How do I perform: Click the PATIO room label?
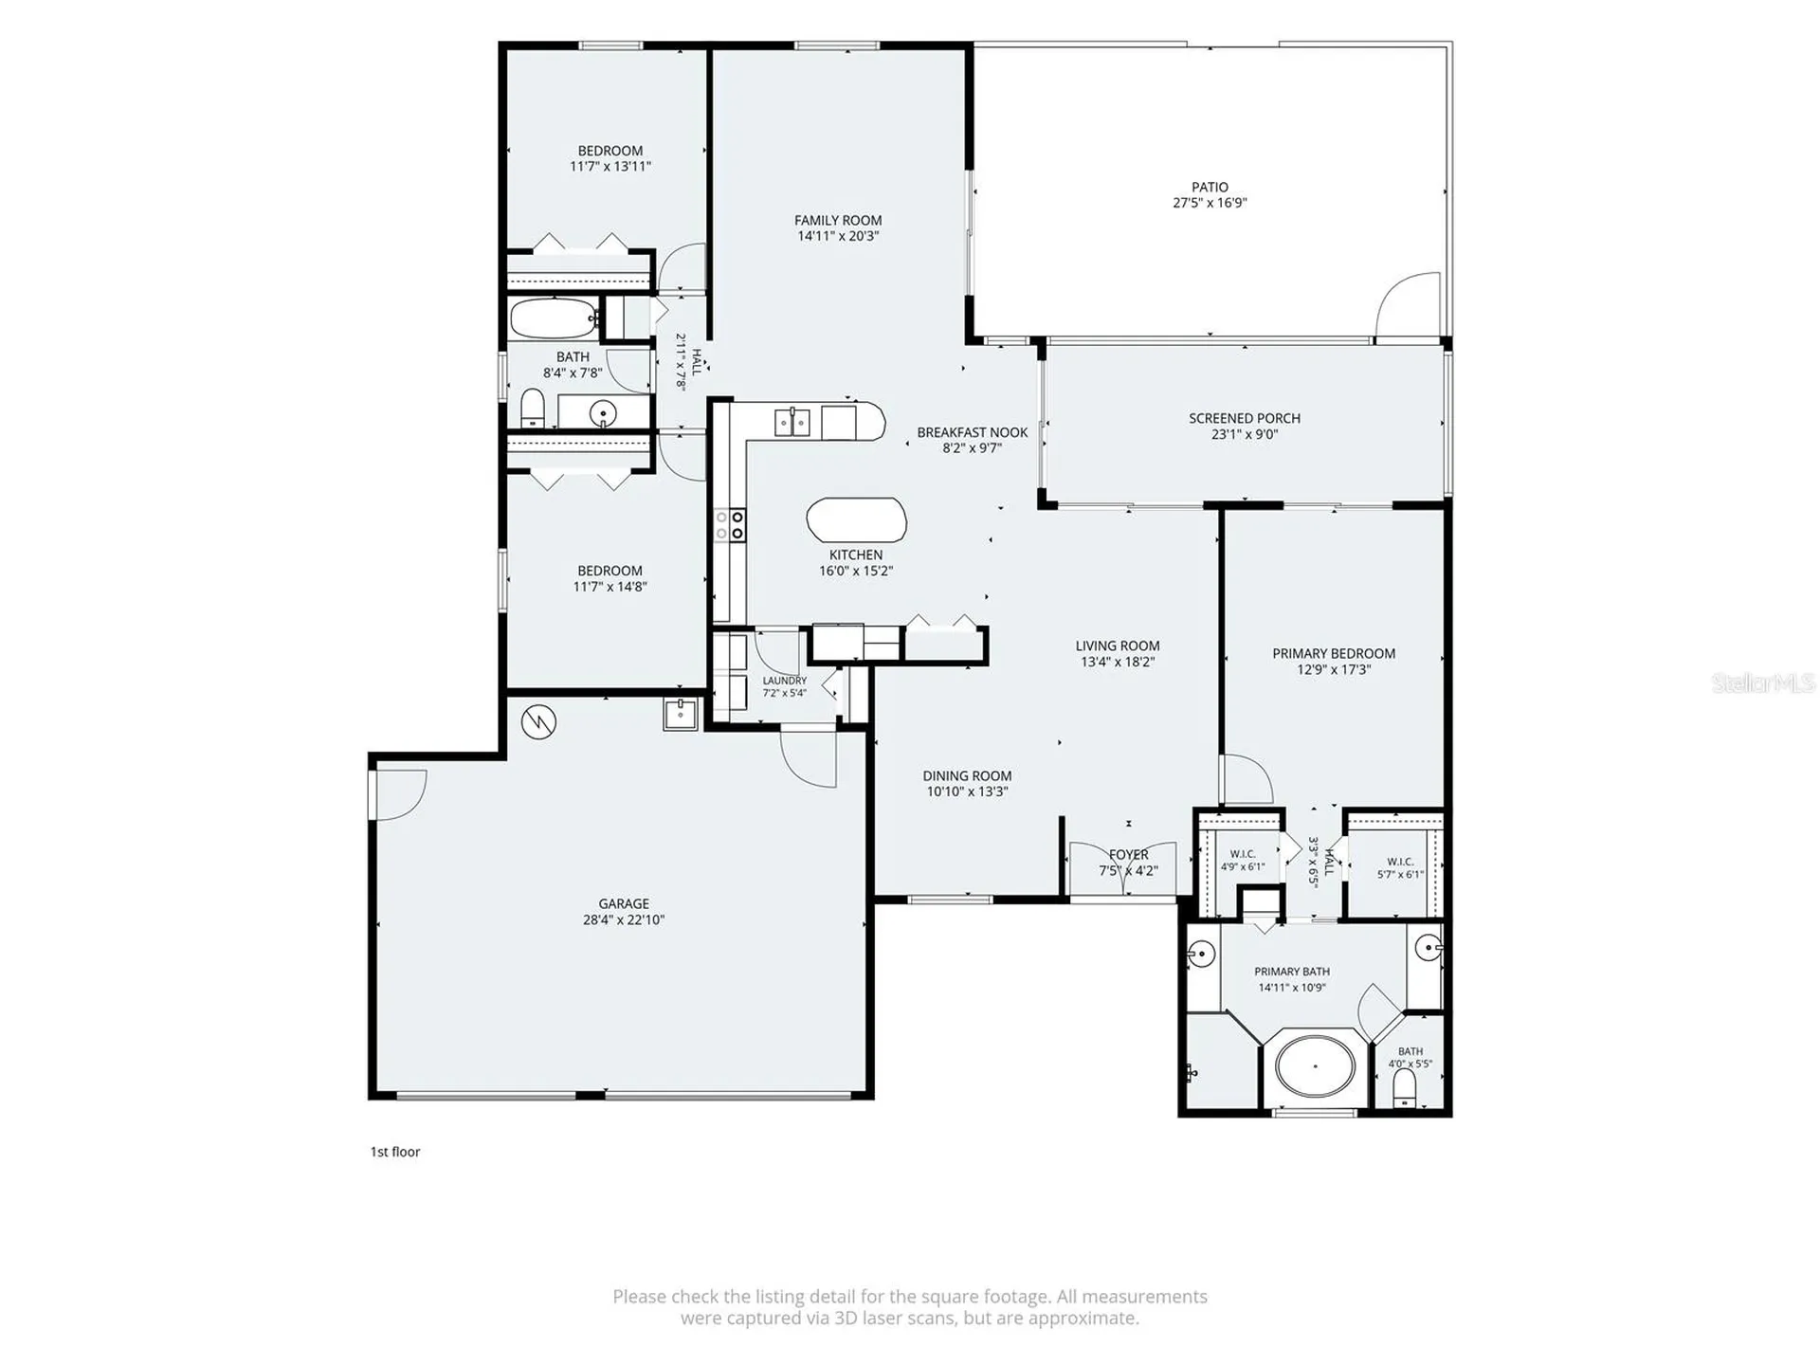[1210, 188]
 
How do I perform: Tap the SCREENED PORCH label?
[1245, 418]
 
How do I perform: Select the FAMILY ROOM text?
[838, 221]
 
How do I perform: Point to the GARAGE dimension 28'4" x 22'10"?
[624, 919]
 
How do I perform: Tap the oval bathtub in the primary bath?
[1315, 1065]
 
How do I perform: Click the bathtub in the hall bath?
[554, 318]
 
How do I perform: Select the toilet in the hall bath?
[533, 409]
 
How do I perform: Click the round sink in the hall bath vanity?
[603, 413]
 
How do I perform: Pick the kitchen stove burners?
[730, 524]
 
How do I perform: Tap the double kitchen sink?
[792, 422]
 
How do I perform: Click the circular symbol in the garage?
[538, 722]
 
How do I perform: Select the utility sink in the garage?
[680, 714]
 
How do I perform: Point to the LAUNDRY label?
[785, 681]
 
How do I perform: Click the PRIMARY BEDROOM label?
[1334, 653]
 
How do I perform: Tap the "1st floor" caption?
[395, 1152]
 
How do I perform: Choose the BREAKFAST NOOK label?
[973, 432]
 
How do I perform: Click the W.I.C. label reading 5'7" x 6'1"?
[1400, 868]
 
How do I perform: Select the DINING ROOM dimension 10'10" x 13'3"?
[967, 792]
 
